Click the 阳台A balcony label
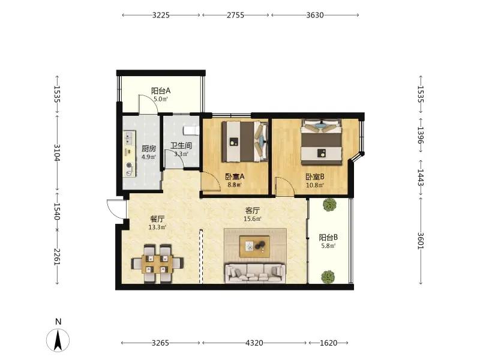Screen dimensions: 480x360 [161, 91]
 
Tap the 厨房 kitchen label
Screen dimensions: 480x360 [149, 148]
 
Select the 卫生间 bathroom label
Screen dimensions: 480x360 [181, 145]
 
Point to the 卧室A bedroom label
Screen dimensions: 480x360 [235, 176]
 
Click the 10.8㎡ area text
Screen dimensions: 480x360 [316, 185]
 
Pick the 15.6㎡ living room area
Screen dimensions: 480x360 [253, 219]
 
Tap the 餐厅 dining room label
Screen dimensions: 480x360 [157, 219]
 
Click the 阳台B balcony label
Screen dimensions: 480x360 [328, 237]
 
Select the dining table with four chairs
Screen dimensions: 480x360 [157, 263]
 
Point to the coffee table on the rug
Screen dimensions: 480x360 [254, 247]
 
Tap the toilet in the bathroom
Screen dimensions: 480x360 [191, 130]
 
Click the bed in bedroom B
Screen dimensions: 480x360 [322, 142]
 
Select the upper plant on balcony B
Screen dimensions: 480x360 [329, 205]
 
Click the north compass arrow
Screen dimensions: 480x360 [58, 340]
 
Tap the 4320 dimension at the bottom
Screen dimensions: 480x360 [254, 343]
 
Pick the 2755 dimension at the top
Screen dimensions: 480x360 [235, 15]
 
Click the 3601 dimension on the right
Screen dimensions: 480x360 [421, 241]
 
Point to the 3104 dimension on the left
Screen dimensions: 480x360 [57, 153]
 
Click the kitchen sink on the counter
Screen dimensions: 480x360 [130, 138]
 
